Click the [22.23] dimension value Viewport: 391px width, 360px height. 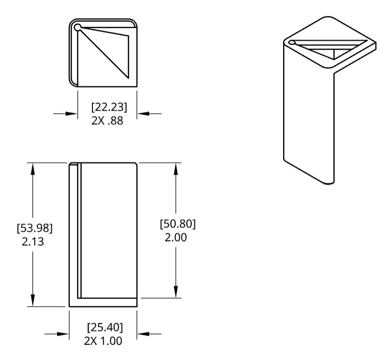pyautogui.click(x=109, y=107)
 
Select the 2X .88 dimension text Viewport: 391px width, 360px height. pyautogui.click(x=107, y=120)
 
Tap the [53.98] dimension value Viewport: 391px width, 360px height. pyautogui.click(x=35, y=228)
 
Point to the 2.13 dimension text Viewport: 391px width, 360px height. pyautogui.click(x=33, y=242)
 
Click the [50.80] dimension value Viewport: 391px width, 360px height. pyautogui.click(x=178, y=224)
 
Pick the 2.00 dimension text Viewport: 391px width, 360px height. pyautogui.click(x=176, y=238)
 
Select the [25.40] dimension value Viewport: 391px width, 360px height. pyautogui.click(x=105, y=328)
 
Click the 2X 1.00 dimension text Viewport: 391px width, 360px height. pyautogui.click(x=103, y=341)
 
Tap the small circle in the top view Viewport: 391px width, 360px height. pyautogui.click(x=78, y=27)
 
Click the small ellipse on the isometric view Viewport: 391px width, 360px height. pyautogui.click(x=291, y=43)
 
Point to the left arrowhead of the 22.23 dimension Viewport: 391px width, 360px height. pyautogui.click(x=72, y=114)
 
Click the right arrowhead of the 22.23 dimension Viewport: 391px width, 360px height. pyautogui.click(x=143, y=114)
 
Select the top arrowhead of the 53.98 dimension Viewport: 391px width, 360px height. pyautogui.click(x=33, y=169)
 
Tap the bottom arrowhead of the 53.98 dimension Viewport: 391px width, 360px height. pyautogui.click(x=33, y=300)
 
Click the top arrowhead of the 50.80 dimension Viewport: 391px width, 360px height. pyautogui.click(x=176, y=169)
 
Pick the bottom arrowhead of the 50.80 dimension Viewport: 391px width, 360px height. pyautogui.click(x=176, y=292)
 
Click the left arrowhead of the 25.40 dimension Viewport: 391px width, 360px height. pyautogui.click(x=63, y=334)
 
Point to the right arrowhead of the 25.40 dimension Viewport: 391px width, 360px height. pyautogui.click(x=143, y=334)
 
